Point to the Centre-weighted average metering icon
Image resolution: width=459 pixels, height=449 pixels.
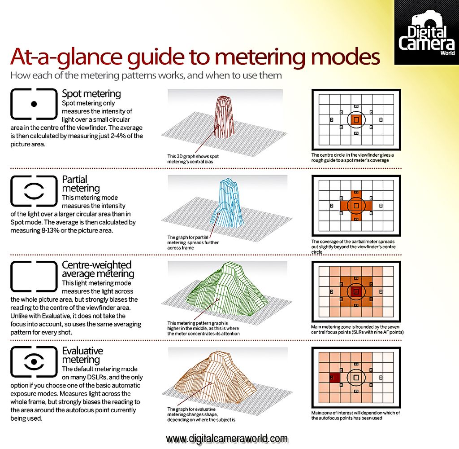point(33,276)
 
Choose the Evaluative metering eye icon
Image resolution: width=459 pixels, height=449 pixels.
point(33,361)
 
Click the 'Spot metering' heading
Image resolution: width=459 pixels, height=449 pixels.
point(91,94)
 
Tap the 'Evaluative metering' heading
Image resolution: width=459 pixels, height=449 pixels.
point(82,355)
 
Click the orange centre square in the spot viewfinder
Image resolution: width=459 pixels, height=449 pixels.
point(356,119)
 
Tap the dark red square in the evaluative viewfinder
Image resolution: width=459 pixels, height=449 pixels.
point(334,378)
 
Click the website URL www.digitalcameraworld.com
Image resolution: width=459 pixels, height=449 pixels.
point(226,438)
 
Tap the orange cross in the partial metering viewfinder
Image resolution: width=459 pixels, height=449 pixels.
point(356,205)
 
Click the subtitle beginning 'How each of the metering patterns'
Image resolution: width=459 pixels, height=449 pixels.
point(146,75)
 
